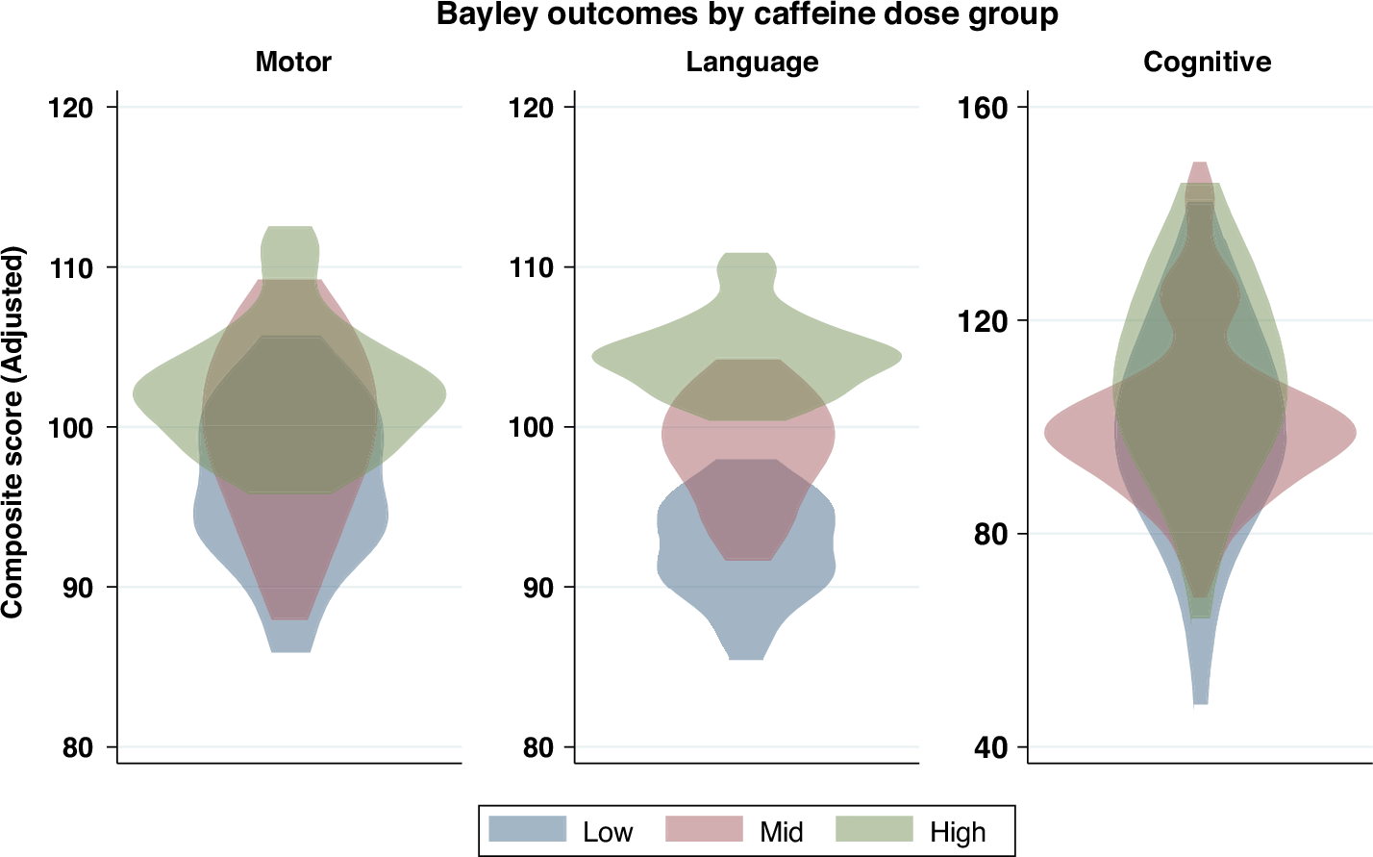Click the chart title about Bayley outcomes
747,15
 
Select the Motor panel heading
293,63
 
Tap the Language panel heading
752,63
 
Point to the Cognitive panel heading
1207,63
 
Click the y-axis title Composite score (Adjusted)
12,432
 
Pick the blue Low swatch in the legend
527,829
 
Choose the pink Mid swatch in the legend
704,829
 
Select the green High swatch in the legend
874,829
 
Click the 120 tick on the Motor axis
71,107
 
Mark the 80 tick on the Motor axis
77,747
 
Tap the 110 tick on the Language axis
531,267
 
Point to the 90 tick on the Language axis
537,588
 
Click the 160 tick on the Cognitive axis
984,107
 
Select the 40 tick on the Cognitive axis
990,747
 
